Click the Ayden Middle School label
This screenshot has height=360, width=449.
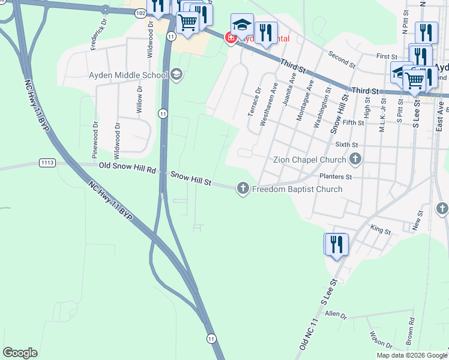pos(128,75)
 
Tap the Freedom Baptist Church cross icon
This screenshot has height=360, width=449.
pos(243,189)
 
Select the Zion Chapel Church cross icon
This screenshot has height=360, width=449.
pos(355,160)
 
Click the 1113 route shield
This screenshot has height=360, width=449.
pos(47,163)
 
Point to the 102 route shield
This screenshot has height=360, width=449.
pos(140,13)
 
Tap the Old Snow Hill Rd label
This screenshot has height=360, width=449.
pos(128,169)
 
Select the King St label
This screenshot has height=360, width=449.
pos(381,229)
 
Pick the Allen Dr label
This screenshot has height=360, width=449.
pos(336,314)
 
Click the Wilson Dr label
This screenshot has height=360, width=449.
pos(381,340)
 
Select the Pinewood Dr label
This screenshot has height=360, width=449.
pos(95,140)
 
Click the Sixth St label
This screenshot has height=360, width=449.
pos(346,145)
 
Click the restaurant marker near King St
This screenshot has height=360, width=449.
pos(336,245)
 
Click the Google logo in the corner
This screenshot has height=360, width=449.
pos(20,353)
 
